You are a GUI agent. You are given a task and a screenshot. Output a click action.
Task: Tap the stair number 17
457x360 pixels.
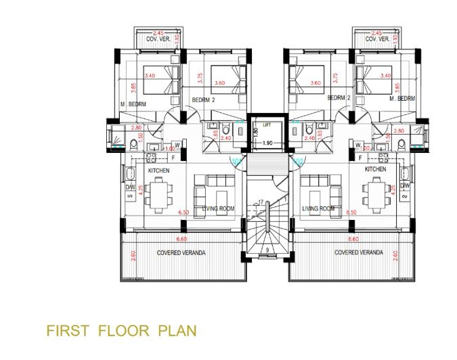260,202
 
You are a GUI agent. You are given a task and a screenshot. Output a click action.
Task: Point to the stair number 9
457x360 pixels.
269,250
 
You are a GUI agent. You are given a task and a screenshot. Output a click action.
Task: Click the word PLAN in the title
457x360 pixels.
177,331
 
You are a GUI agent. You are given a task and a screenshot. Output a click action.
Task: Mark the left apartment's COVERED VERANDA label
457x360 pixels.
181,252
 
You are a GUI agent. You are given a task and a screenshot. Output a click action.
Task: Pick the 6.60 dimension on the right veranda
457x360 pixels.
353,239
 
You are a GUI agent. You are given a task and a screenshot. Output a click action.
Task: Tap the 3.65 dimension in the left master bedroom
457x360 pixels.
134,87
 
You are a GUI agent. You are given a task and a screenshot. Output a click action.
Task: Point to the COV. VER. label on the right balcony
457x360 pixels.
376,40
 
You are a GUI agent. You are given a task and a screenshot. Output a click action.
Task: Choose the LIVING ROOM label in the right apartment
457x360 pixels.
320,209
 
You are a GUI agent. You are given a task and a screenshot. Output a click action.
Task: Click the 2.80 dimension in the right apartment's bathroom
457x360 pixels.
398,129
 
